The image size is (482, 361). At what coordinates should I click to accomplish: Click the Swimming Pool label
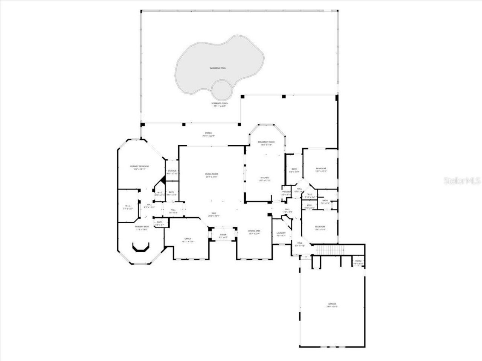coord(220,68)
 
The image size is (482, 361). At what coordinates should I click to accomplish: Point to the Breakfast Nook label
coord(266,142)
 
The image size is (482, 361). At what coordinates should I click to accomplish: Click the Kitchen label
coord(265,177)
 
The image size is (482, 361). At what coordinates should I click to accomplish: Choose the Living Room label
coord(212,174)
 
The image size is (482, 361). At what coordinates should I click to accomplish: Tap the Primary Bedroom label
coord(140,166)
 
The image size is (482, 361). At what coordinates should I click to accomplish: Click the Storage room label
coord(172,171)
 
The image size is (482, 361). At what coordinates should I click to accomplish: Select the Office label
coord(188,239)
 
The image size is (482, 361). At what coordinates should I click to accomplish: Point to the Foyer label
coord(223,235)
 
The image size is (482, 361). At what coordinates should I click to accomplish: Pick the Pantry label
coord(286,192)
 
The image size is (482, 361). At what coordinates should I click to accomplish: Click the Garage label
coord(332,304)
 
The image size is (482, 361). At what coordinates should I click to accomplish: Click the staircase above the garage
coord(329,249)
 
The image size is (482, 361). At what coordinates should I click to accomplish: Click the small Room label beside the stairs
coord(358,261)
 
